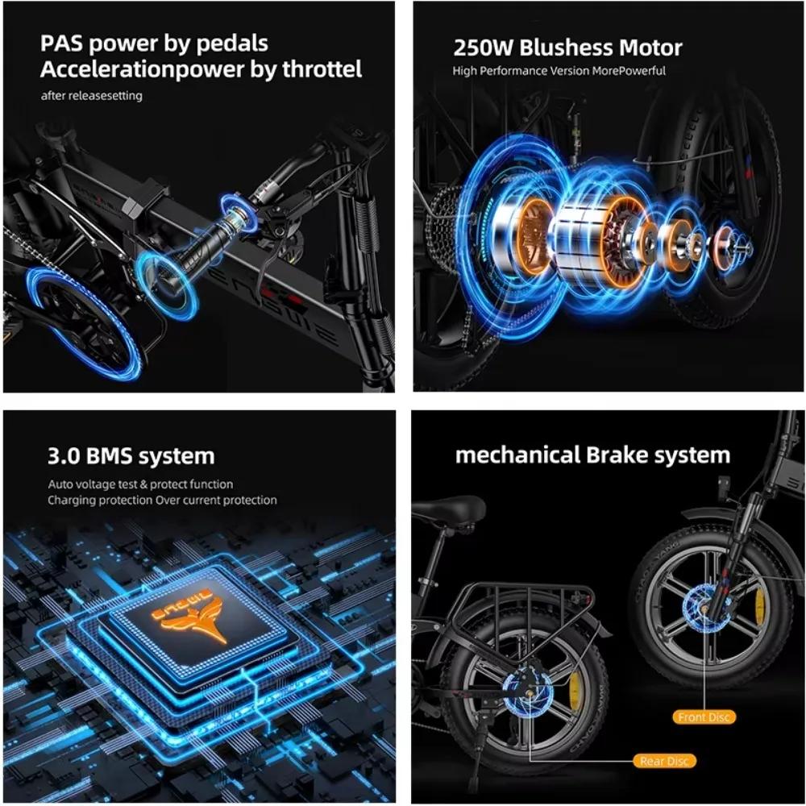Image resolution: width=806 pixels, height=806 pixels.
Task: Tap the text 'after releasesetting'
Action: (92, 96)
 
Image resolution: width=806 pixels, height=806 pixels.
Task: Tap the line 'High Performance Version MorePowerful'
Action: (559, 71)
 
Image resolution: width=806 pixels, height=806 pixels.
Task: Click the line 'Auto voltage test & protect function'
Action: (139, 484)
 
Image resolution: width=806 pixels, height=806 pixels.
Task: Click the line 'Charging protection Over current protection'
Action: (161, 501)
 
